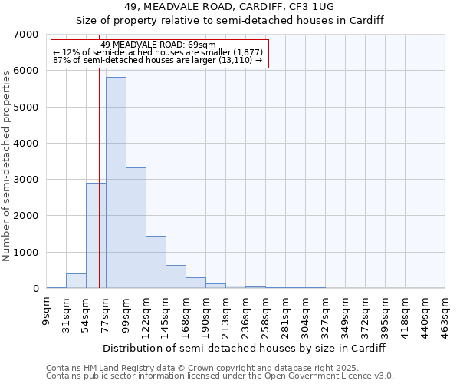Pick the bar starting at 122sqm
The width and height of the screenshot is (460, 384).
pos(156,262)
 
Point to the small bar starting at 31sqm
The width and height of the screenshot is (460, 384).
pos(76,281)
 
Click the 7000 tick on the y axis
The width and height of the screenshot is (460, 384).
pos(27,35)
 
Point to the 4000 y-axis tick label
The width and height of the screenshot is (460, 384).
pos(27,144)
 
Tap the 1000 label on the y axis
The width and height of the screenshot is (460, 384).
pos(27,253)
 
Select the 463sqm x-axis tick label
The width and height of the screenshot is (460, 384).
pos(445,315)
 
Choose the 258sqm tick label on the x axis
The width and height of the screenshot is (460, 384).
pos(266,315)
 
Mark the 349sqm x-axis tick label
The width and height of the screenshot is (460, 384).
pos(346,315)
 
